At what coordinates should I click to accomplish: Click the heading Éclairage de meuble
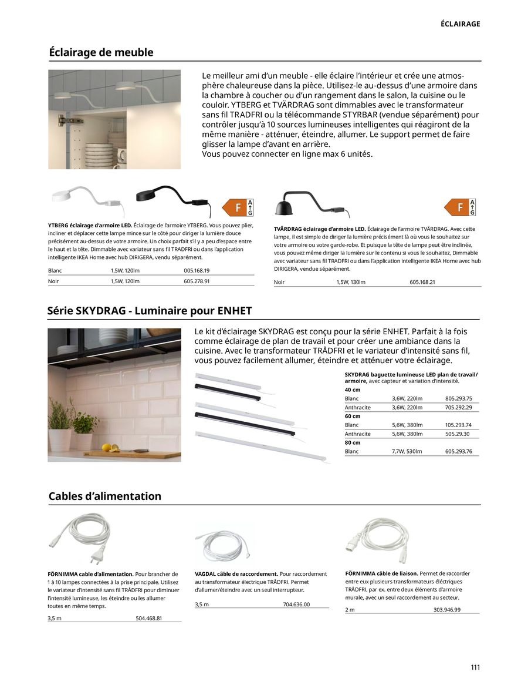point(101,52)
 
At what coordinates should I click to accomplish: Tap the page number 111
point(475,667)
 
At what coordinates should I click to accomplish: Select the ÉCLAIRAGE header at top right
point(460,24)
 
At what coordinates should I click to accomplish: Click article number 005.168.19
point(197,270)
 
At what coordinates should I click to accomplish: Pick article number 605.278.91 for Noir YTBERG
point(197,281)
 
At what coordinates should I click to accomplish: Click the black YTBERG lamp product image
point(170,197)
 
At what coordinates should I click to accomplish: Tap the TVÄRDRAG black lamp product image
point(311,206)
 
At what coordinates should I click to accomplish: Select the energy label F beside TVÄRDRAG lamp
point(460,207)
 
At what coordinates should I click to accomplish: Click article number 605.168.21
point(422,282)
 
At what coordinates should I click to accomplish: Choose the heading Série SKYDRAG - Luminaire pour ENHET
point(150,311)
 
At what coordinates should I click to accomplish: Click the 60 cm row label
point(353,416)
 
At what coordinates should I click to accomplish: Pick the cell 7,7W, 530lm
point(407,451)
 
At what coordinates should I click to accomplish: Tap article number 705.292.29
point(458,407)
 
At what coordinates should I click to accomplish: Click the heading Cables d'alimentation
point(104,496)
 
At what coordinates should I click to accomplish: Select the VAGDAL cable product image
point(224,543)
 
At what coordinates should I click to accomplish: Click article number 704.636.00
point(296,604)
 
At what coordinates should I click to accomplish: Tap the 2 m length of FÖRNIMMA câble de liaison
point(350,610)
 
